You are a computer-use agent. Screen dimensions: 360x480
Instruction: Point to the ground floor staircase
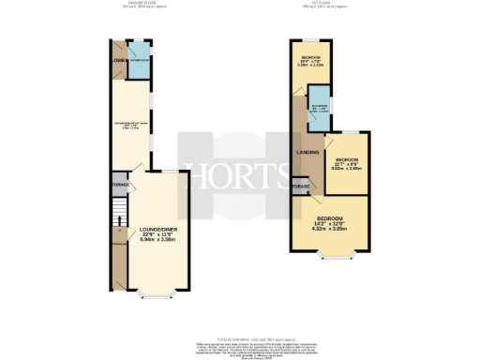coord(118,225)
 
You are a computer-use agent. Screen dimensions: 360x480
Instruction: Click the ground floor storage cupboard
coord(120,185)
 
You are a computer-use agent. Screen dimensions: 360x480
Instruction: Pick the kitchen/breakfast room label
coord(134,125)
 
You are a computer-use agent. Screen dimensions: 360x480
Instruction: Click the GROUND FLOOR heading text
coord(139,5)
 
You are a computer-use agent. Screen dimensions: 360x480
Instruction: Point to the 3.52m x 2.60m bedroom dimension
coord(348,169)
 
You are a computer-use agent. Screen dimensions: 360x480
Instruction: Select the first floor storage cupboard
coord(301,187)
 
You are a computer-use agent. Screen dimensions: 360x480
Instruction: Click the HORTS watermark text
coord(239,174)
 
